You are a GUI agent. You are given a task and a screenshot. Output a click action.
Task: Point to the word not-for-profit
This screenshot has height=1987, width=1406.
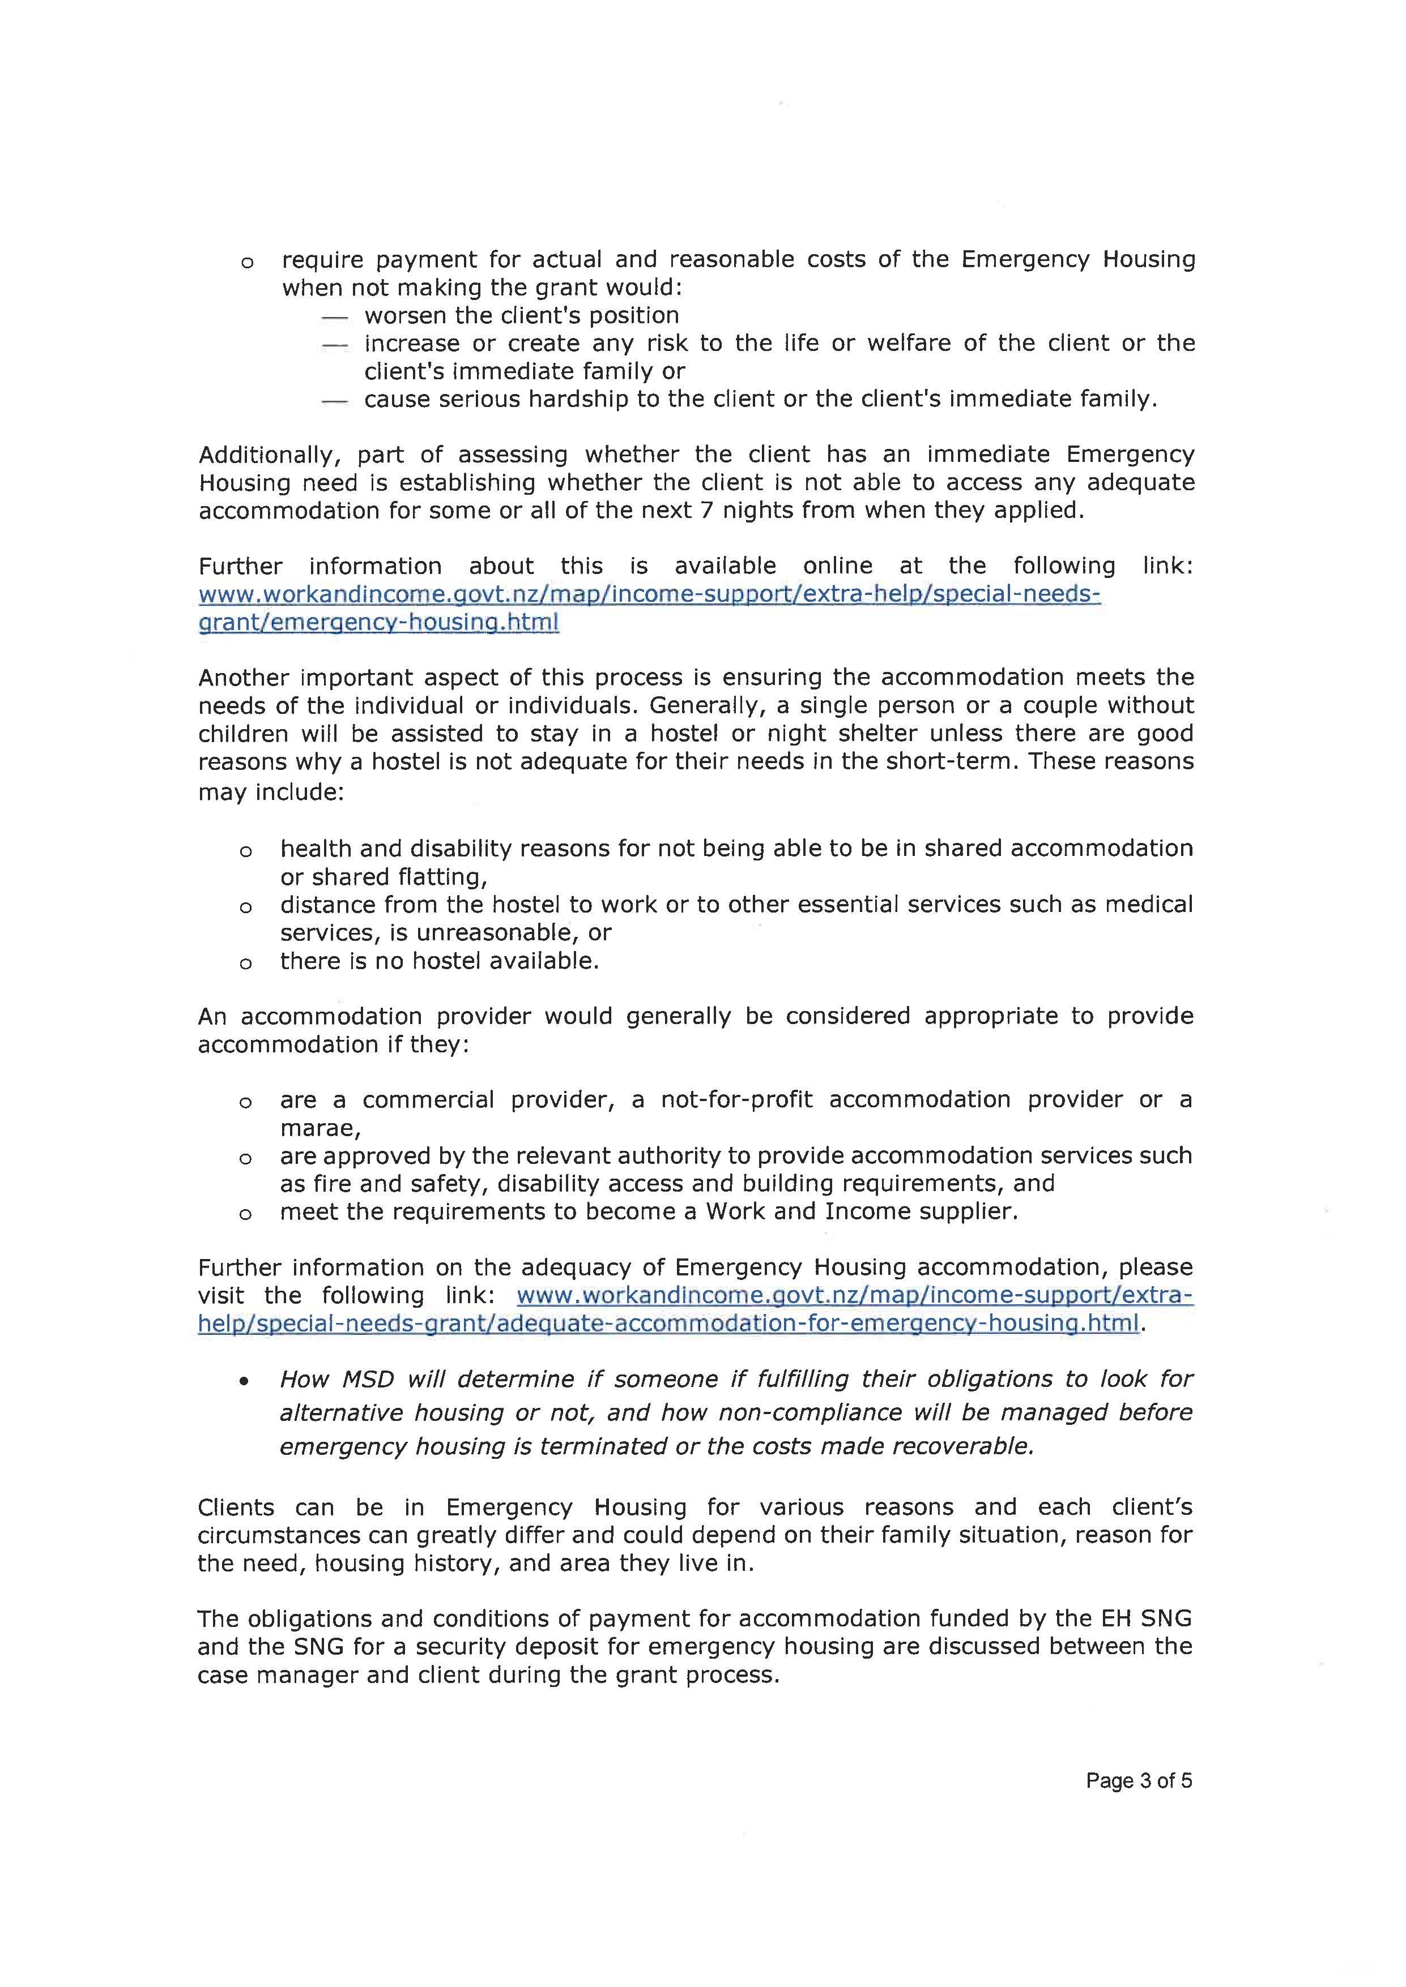tap(737, 1100)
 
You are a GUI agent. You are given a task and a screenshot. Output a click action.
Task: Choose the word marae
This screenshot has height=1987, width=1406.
tap(318, 1128)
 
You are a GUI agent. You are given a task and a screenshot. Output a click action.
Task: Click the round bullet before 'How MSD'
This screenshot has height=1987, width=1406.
tap(246, 1381)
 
